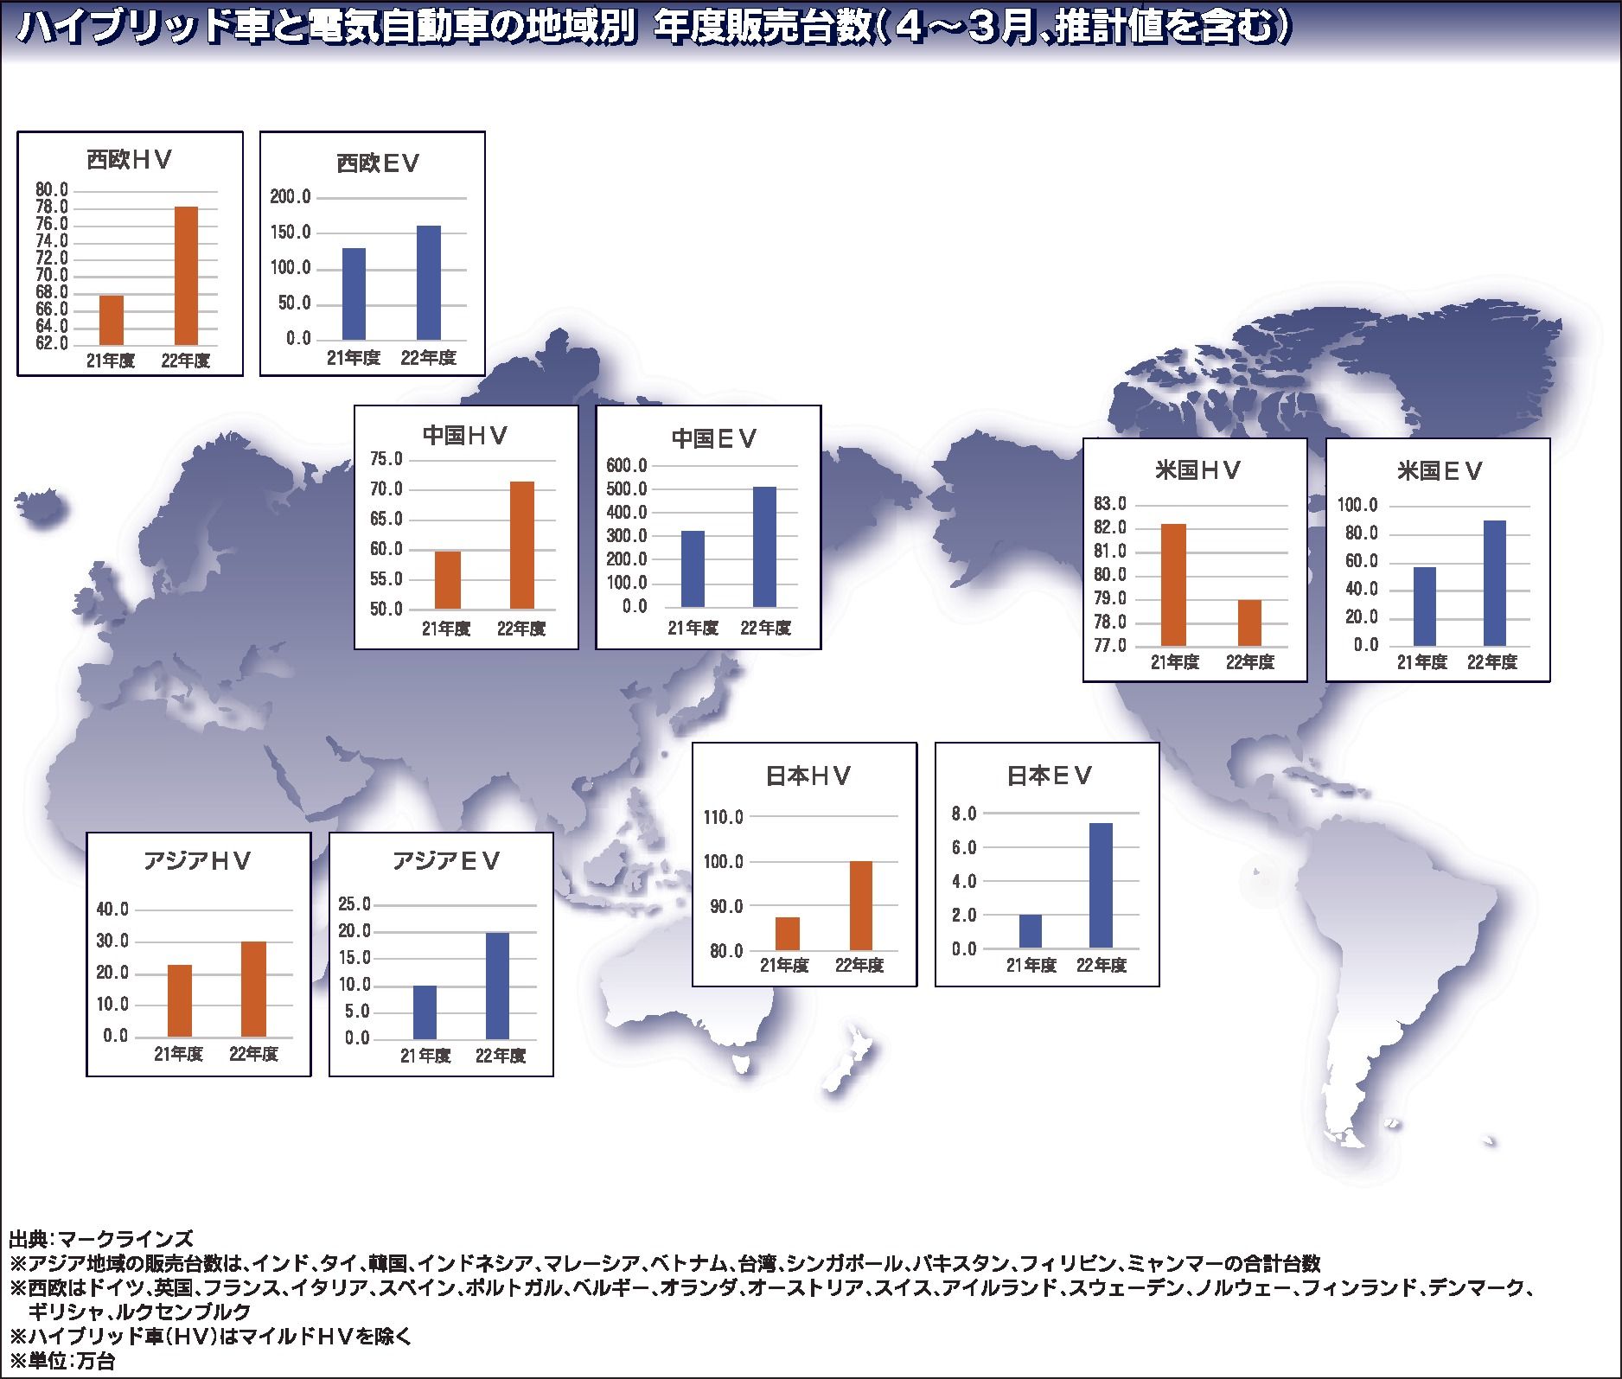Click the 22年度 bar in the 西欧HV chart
pos(186,276)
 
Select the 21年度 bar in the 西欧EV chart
pos(354,294)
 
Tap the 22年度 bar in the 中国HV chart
pos(521,546)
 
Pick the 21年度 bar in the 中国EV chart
pos(693,570)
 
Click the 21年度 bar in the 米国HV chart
pos(1173,585)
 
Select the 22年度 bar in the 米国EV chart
pos(1494,584)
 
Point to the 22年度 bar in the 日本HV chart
pos(860,906)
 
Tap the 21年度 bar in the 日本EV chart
pos(1030,932)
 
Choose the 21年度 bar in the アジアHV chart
pos(179,1001)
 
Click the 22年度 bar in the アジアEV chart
pos(497,986)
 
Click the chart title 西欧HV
pos(129,160)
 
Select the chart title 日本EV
pos(1049,776)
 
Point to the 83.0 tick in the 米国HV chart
pos(1109,504)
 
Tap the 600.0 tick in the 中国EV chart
pos(627,466)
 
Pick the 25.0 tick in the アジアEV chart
pos(354,904)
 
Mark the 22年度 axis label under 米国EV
pos(1492,663)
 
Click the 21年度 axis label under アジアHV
pos(179,1055)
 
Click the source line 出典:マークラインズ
pos(101,1238)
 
